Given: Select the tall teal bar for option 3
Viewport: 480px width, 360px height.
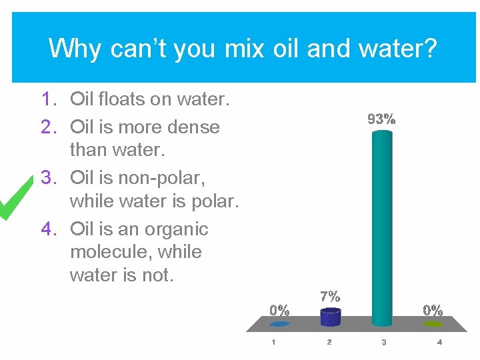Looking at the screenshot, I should pyautogui.click(x=382, y=227).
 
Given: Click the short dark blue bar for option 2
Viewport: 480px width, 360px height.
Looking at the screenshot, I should pyautogui.click(x=330, y=317).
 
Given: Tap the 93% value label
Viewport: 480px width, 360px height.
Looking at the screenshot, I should pyautogui.click(x=382, y=120).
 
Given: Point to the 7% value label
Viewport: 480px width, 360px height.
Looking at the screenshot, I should pyautogui.click(x=330, y=296).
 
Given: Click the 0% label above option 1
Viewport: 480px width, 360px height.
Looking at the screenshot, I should pyautogui.click(x=279, y=310).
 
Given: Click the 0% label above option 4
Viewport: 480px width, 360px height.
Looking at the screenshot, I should pyautogui.click(x=433, y=310).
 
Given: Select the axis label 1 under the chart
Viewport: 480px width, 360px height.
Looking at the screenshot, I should pyautogui.click(x=273, y=343).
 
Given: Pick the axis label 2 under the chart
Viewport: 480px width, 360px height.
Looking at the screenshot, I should pyautogui.click(x=329, y=343).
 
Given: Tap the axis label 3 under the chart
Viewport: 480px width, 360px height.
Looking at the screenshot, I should pyautogui.click(x=384, y=343).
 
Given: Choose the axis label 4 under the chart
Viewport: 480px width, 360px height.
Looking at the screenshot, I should pyautogui.click(x=439, y=343).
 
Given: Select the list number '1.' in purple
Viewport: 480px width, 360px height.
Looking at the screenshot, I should pyautogui.click(x=51, y=100).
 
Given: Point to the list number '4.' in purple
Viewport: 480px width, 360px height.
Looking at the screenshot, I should pyautogui.click(x=51, y=229).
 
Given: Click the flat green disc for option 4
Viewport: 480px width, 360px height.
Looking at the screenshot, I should pyautogui.click(x=433, y=324).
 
